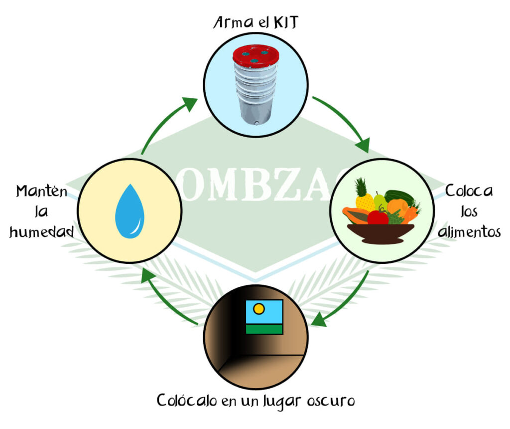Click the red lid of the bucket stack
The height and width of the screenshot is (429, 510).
pyautogui.click(x=255, y=56)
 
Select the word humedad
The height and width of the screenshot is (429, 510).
pyautogui.click(x=42, y=231)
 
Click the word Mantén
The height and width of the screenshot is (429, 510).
pyautogui.click(x=41, y=191)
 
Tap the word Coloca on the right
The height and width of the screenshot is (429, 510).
pyautogui.click(x=469, y=191)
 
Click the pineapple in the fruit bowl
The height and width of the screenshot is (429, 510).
pyautogui.click(x=364, y=196)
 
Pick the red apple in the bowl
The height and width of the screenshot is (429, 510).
pyautogui.click(x=378, y=217)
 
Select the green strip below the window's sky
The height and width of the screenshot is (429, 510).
pyautogui.click(x=264, y=329)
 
